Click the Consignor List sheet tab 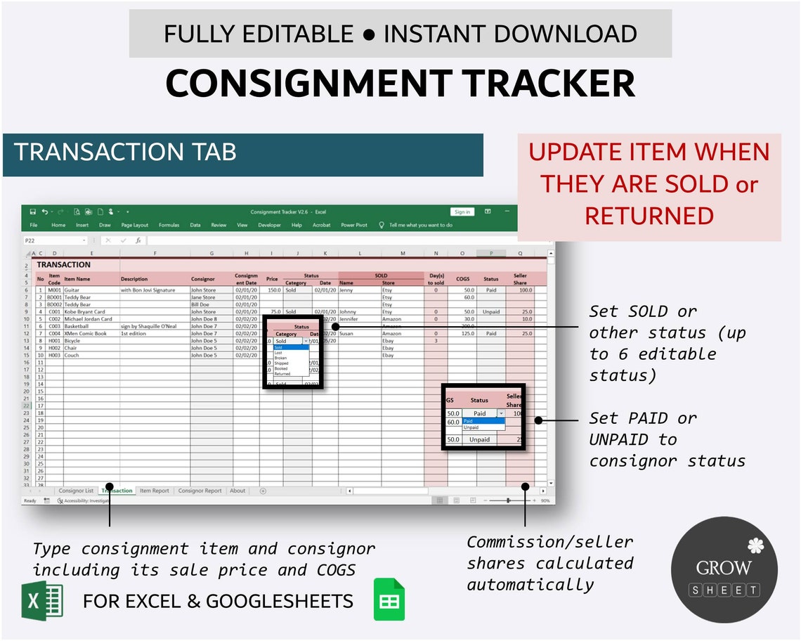(x=76, y=491)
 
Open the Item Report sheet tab (x=155, y=491)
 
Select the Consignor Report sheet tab (x=200, y=491)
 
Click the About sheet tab (x=237, y=491)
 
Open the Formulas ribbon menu (x=169, y=225)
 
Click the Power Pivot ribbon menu (x=354, y=225)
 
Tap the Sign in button (x=462, y=212)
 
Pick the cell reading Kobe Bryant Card (x=84, y=311)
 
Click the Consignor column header (x=203, y=279)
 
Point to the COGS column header (x=462, y=279)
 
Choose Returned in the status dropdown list (x=282, y=374)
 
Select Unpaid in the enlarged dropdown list (x=471, y=427)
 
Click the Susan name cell (x=346, y=333)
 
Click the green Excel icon (x=42, y=601)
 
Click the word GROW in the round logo (x=724, y=567)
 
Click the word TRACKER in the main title (x=549, y=83)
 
